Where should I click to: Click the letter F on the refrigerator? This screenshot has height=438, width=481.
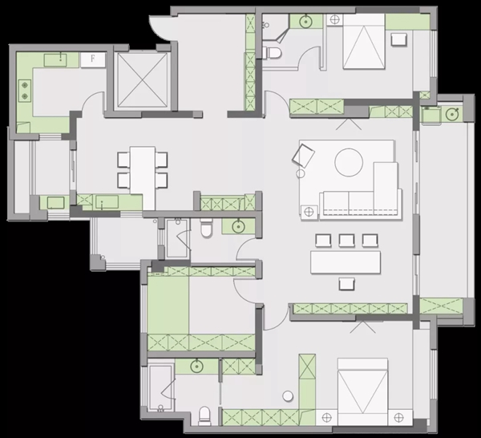(93, 59)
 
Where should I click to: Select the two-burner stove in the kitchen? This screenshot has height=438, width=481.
(25, 91)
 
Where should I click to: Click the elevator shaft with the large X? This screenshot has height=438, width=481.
(143, 79)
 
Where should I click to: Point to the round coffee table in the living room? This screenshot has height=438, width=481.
(349, 162)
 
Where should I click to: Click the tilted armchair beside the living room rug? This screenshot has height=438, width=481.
(303, 156)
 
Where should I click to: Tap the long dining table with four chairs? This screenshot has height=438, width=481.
(143, 170)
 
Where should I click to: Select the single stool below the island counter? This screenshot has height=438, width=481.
(347, 284)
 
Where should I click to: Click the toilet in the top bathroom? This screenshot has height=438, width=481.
(272, 53)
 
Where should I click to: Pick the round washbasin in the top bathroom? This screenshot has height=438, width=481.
(305, 22)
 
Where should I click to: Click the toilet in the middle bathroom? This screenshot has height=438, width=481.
(206, 228)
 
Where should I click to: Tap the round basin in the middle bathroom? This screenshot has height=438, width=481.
(238, 227)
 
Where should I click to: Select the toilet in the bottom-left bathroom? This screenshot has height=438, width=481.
(204, 416)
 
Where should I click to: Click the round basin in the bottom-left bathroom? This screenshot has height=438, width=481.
(196, 367)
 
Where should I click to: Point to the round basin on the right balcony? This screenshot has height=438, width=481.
(451, 115)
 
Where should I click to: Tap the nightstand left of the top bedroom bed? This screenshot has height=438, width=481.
(334, 20)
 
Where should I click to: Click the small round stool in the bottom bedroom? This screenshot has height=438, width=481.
(288, 396)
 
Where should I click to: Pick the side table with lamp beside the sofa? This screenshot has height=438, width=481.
(309, 212)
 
